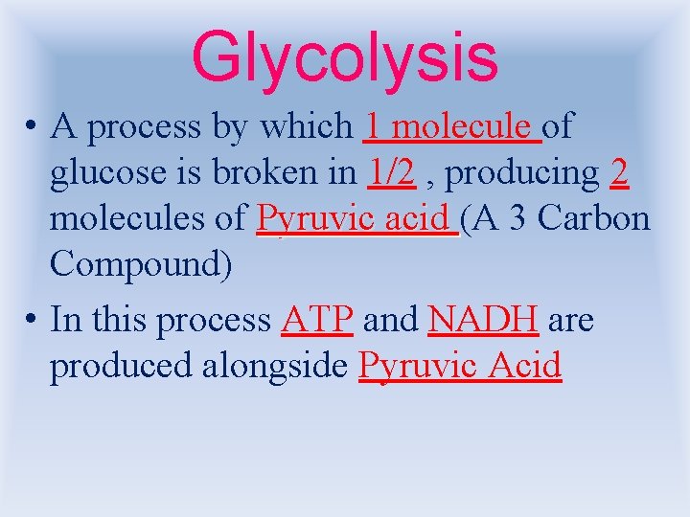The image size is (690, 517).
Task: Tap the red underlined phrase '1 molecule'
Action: pos(451,126)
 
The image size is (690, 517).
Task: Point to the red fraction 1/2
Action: pos(390,172)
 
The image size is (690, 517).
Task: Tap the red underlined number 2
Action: pos(618,172)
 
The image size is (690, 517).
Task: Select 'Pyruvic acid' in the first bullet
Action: pos(356,220)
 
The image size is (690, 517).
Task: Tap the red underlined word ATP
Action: pos(319,320)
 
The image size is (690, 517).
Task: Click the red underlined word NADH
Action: pos(483,320)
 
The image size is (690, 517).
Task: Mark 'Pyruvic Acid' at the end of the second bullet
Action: pos(460,367)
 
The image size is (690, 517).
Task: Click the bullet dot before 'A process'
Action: pos(32,127)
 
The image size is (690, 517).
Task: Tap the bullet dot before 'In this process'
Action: pos(32,321)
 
